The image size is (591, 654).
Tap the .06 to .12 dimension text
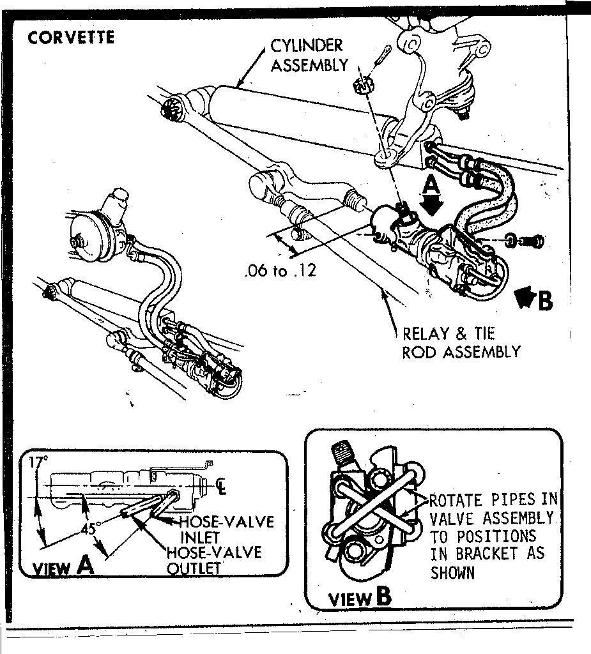[x=280, y=271]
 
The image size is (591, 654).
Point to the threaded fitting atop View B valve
[x=342, y=455]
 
